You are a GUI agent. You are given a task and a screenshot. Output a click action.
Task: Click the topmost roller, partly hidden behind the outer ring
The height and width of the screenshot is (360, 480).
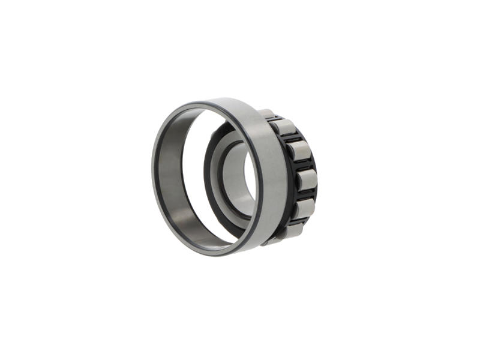coord(268,114)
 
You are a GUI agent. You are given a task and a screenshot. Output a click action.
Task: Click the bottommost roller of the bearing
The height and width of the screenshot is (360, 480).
coord(293,229)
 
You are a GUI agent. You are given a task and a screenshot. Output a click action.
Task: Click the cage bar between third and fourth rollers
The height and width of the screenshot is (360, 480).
coord(301,166)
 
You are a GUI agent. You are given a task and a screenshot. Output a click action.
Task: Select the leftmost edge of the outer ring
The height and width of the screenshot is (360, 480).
coord(153,174)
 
